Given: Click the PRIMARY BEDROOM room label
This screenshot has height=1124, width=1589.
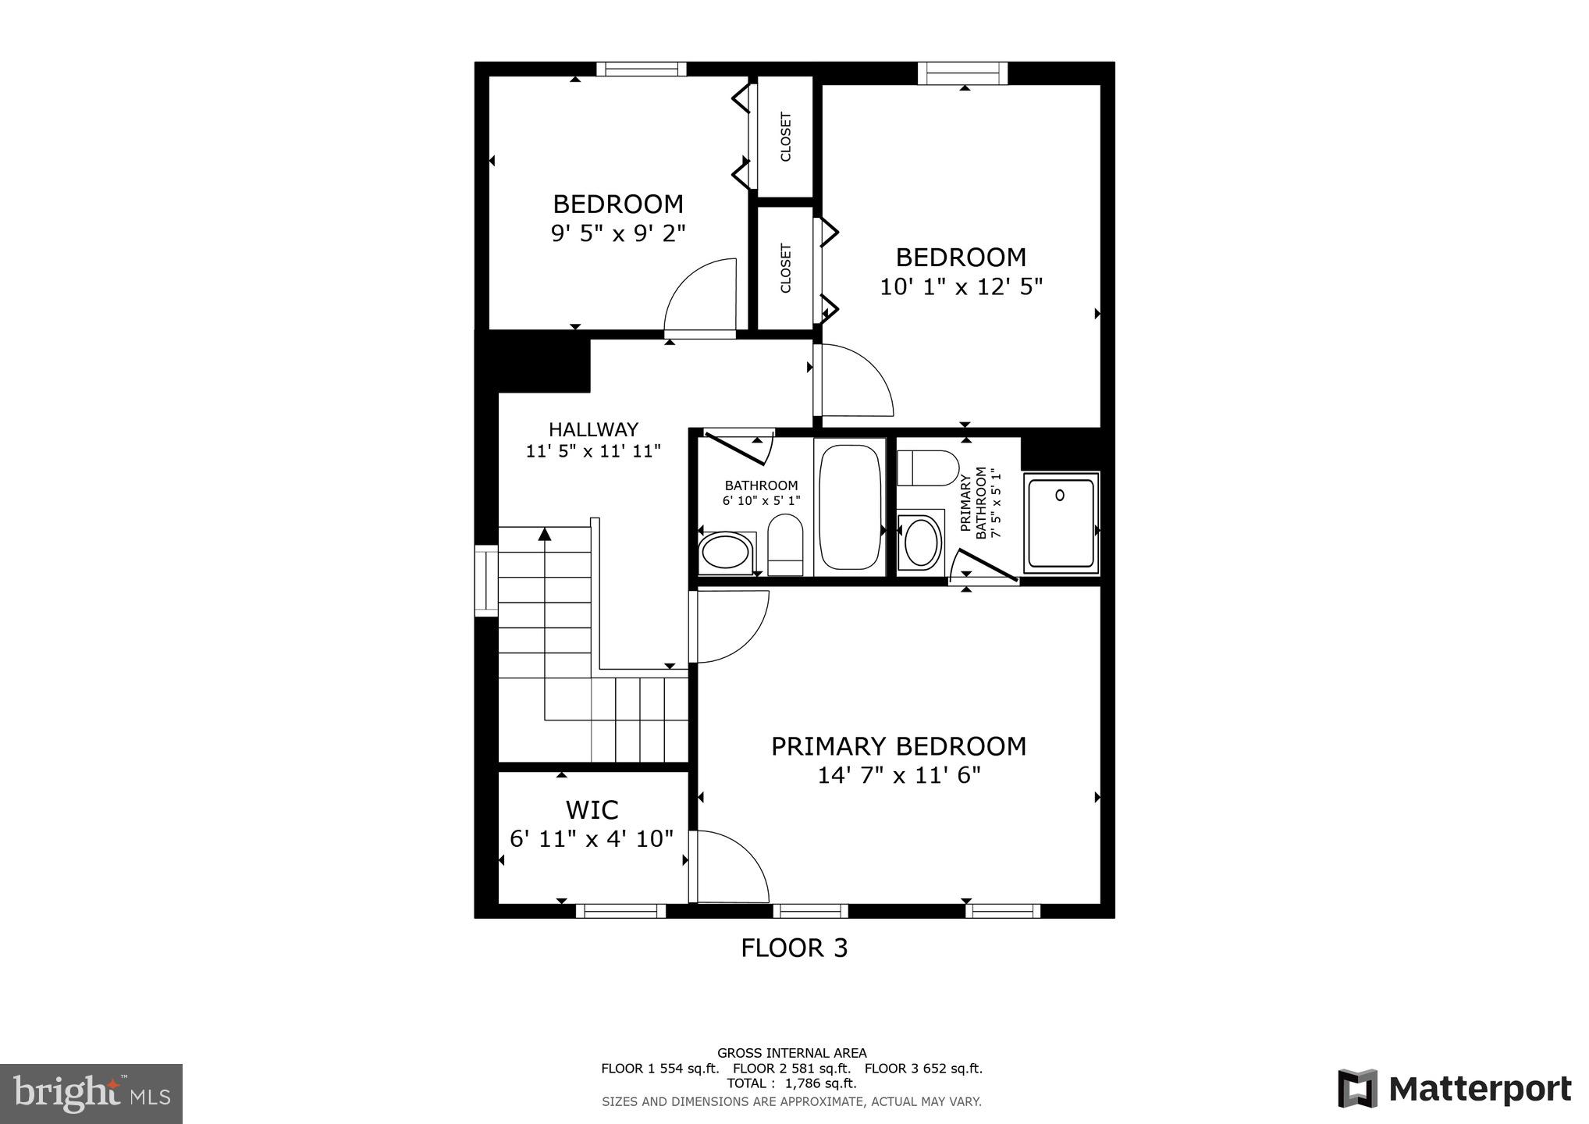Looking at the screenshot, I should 898,746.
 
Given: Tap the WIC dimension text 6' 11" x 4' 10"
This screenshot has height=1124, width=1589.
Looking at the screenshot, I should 592,839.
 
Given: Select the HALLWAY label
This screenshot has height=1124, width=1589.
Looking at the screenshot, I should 593,429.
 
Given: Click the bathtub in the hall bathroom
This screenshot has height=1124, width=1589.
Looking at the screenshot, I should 850,507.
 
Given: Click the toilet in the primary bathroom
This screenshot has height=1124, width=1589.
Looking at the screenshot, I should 927,468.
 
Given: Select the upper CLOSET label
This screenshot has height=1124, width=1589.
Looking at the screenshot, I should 786,137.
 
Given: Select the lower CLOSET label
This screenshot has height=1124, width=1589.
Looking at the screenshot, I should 786,269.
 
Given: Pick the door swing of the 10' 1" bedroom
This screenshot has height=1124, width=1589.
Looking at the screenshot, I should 852,382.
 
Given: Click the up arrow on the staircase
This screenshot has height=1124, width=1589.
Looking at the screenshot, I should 545,535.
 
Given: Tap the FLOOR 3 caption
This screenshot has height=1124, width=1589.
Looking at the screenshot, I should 794,948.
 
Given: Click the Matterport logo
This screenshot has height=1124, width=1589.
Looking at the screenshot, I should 1454,1089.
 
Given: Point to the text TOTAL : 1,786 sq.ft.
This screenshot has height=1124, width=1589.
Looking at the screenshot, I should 791,1083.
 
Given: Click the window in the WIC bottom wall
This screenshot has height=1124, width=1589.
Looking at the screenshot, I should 620,911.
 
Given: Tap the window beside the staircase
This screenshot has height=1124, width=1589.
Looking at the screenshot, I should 486,581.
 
